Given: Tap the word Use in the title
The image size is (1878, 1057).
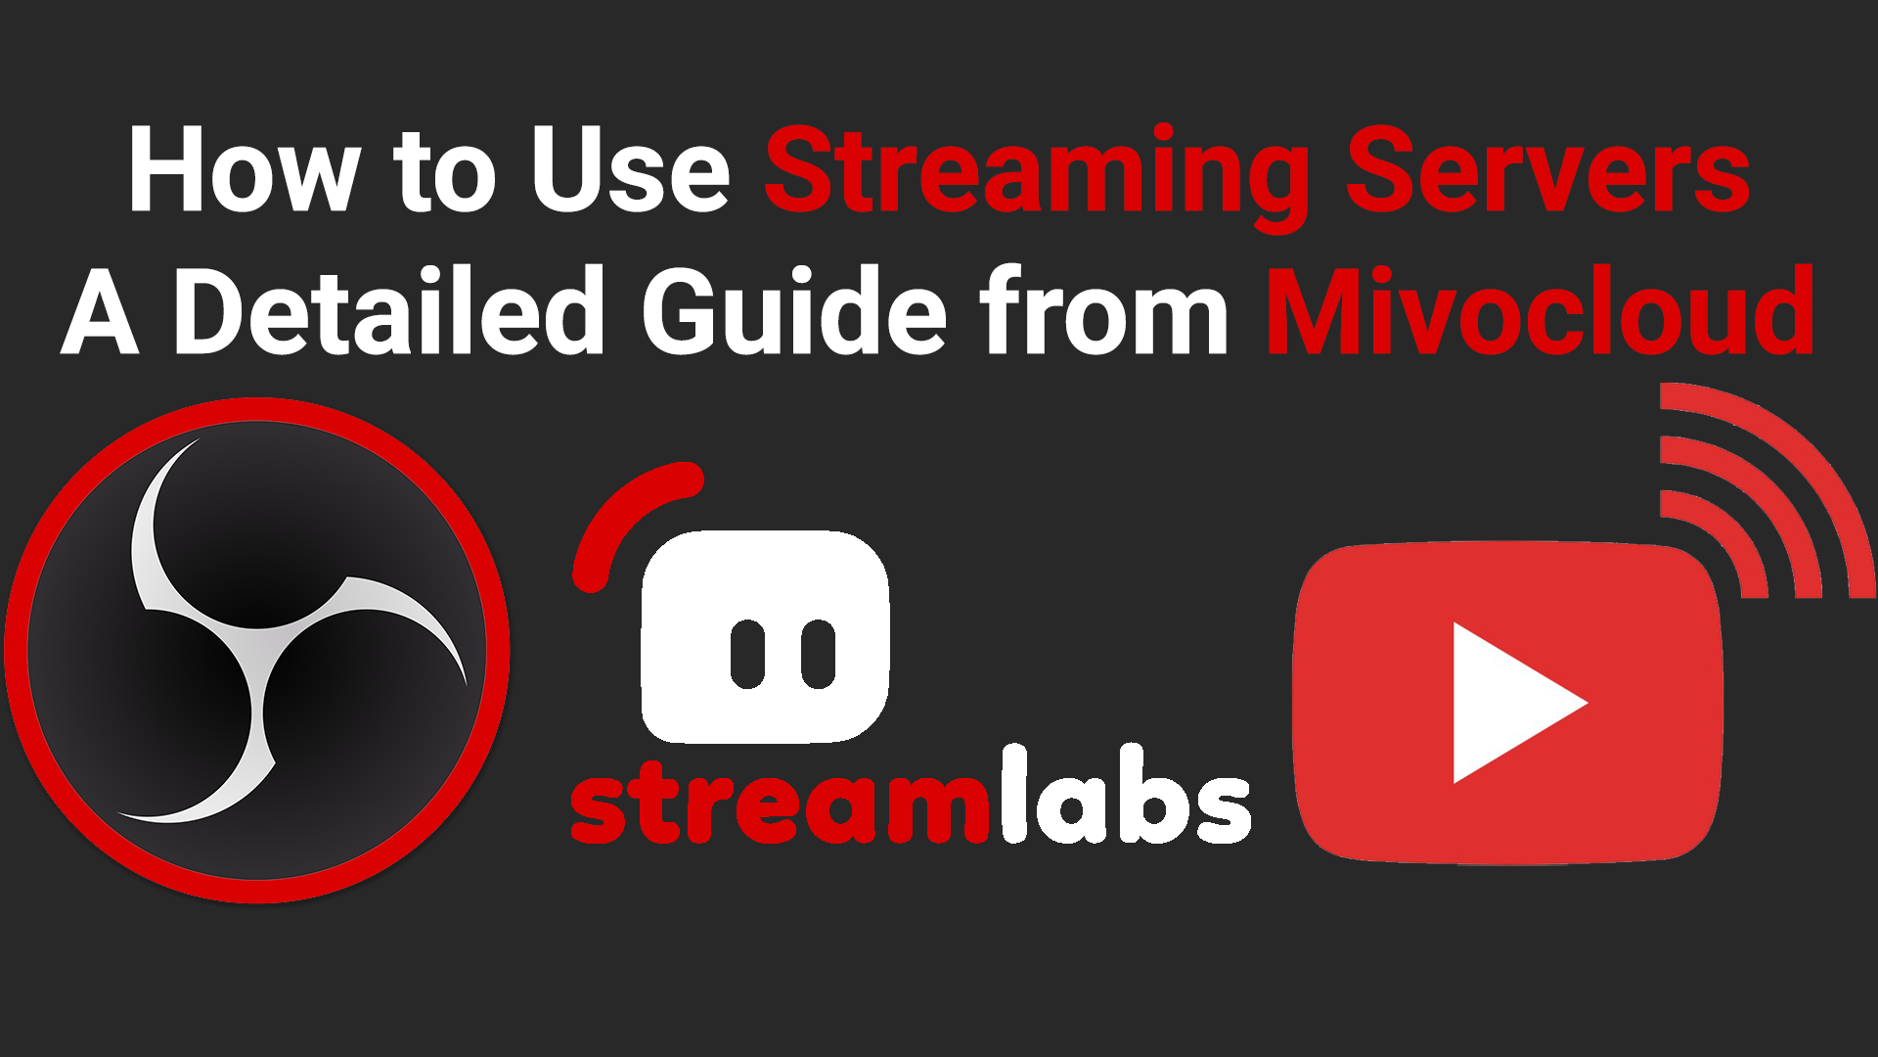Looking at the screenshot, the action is (x=630, y=170).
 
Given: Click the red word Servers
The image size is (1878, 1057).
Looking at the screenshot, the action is (x=1548, y=170).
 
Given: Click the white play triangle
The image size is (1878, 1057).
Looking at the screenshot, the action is (x=1511, y=703).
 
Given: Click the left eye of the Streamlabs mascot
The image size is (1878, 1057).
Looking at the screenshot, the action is (x=748, y=653).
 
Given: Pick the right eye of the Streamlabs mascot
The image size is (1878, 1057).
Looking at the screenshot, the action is (x=819, y=653).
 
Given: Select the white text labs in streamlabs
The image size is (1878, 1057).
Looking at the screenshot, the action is (x=1125, y=795).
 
